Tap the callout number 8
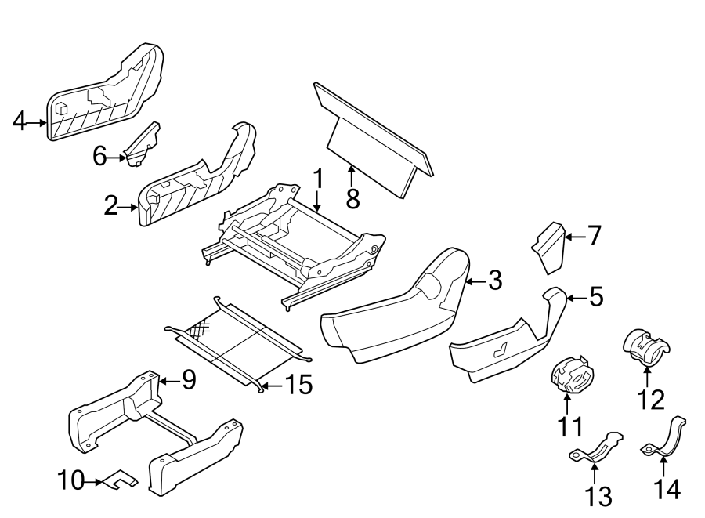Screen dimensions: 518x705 point(352,199)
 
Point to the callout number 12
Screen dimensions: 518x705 point(649,400)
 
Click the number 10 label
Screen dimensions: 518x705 point(70,480)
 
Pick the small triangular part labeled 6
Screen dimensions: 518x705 point(143,146)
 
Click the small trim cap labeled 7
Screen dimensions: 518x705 point(551,247)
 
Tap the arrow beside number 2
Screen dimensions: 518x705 point(130,207)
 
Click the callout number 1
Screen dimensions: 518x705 point(317,180)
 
